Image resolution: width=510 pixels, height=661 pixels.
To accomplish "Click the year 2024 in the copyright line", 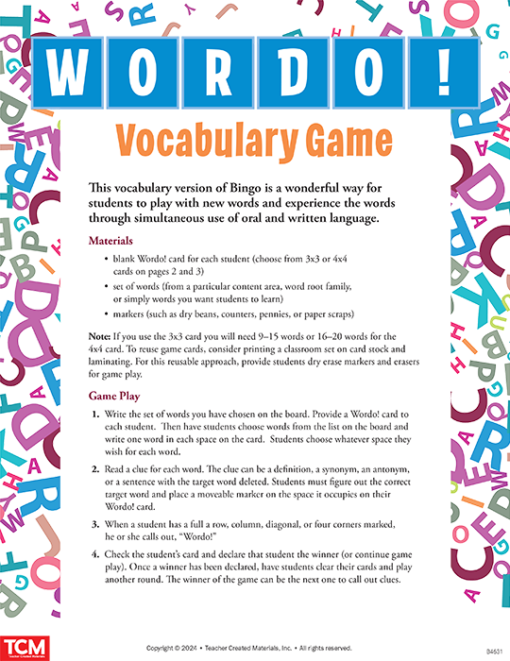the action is click(198, 649).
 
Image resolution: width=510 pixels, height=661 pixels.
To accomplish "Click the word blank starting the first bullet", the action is click(128, 258).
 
